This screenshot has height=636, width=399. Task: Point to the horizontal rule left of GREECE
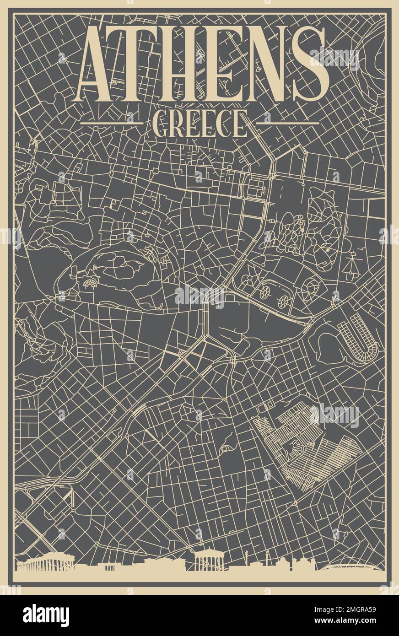pyautogui.click(x=112, y=123)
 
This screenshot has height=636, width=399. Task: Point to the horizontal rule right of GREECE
pyautogui.click(x=287, y=123)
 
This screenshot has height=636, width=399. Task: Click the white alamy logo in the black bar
pyautogui.click(x=46, y=615)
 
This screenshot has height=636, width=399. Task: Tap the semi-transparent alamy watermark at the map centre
pyautogui.click(x=199, y=296)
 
